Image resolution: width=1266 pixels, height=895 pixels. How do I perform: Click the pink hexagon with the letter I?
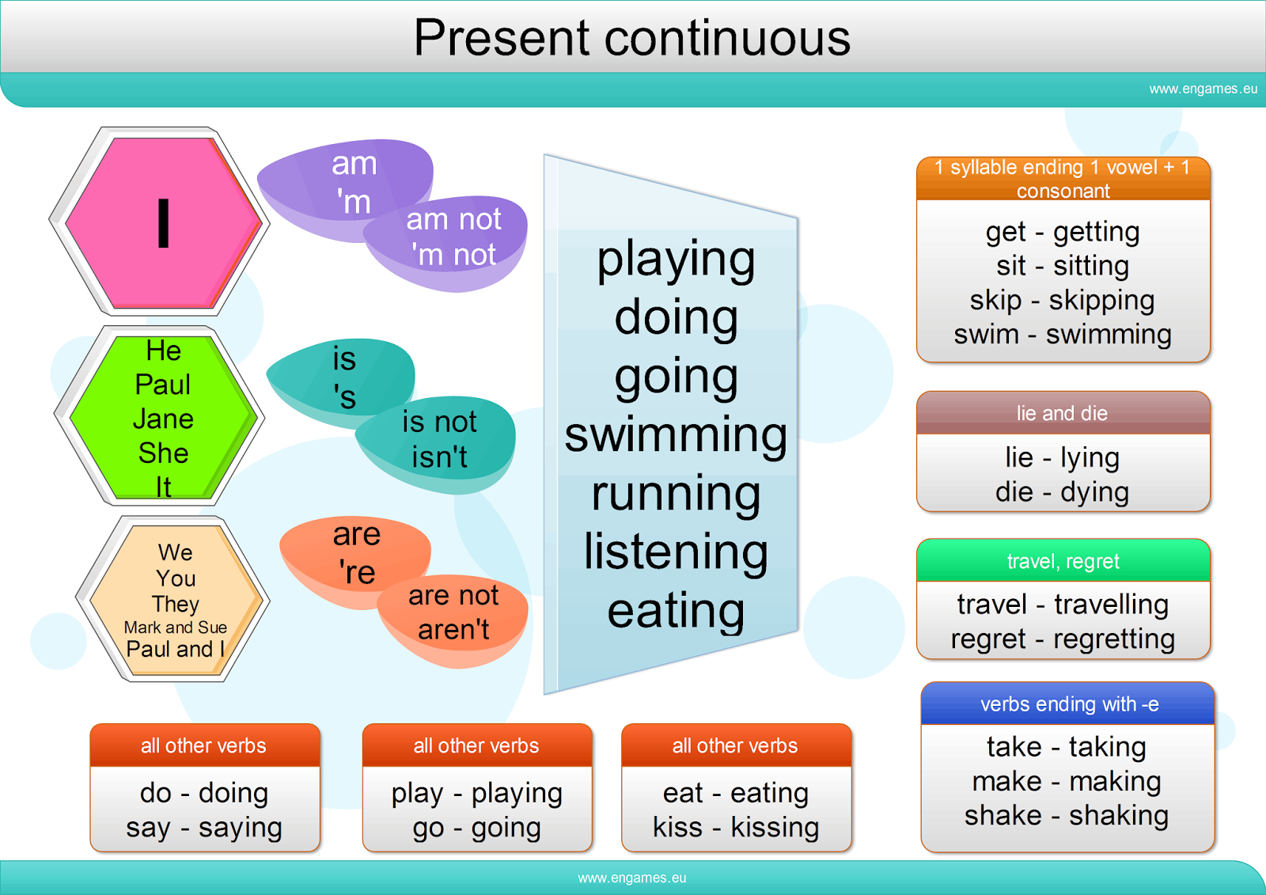click(163, 222)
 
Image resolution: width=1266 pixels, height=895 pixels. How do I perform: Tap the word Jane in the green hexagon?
click(163, 419)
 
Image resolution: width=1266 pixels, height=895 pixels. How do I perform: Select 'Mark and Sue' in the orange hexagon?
click(176, 628)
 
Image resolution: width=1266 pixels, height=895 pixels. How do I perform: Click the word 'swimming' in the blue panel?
click(676, 435)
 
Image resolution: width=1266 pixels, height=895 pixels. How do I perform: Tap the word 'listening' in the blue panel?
click(676, 552)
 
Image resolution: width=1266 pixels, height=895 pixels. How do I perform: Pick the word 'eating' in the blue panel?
click(676, 610)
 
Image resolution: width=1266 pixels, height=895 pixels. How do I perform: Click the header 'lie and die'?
click(1062, 413)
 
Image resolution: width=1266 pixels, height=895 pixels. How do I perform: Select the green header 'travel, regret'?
click(1063, 561)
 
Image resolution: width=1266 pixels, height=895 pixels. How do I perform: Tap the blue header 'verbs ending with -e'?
click(1069, 704)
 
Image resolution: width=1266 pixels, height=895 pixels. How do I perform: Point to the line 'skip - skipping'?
click(1062, 301)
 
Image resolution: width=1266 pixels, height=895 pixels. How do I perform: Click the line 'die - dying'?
click(1062, 492)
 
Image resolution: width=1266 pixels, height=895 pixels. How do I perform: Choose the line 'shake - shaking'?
click(1066, 815)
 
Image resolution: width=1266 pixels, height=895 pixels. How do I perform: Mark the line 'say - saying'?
click(204, 828)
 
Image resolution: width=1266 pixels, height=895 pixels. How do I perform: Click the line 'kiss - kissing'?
click(736, 828)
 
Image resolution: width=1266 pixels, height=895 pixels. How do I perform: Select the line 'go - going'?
click(476, 828)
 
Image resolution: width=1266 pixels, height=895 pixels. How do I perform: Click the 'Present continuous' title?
click(631, 37)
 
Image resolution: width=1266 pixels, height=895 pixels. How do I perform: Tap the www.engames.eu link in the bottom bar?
click(631, 878)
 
